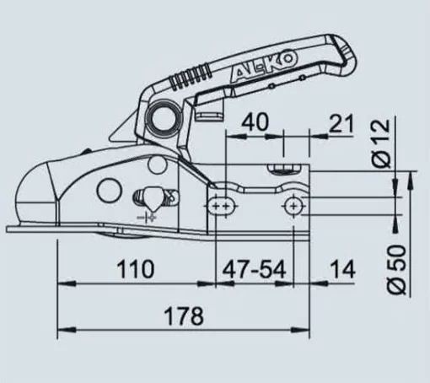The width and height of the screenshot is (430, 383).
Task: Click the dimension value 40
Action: pyautogui.click(x=255, y=124)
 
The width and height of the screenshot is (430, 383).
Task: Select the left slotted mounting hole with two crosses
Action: pyautogui.click(x=223, y=206)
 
